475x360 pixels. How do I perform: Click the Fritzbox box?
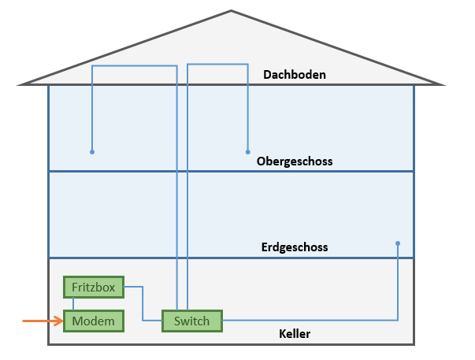[x=94, y=288]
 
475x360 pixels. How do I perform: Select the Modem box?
[x=94, y=321]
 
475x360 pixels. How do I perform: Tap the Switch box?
[x=192, y=321]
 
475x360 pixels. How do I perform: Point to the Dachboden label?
[x=294, y=75]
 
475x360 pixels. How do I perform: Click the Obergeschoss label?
[x=295, y=161]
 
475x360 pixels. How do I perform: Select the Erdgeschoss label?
[x=294, y=247]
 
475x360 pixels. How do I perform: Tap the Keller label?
[x=295, y=334]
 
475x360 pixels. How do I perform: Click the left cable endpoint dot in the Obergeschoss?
[x=92, y=151]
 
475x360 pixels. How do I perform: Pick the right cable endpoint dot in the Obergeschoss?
[x=247, y=151]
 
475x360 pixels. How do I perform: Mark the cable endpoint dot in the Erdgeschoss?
[x=398, y=243]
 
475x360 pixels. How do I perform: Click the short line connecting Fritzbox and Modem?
[x=74, y=304]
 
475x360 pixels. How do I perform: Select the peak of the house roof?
[x=232, y=11]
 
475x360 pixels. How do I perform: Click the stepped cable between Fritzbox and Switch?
[x=143, y=303]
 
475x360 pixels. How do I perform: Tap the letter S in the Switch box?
[x=178, y=321]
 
